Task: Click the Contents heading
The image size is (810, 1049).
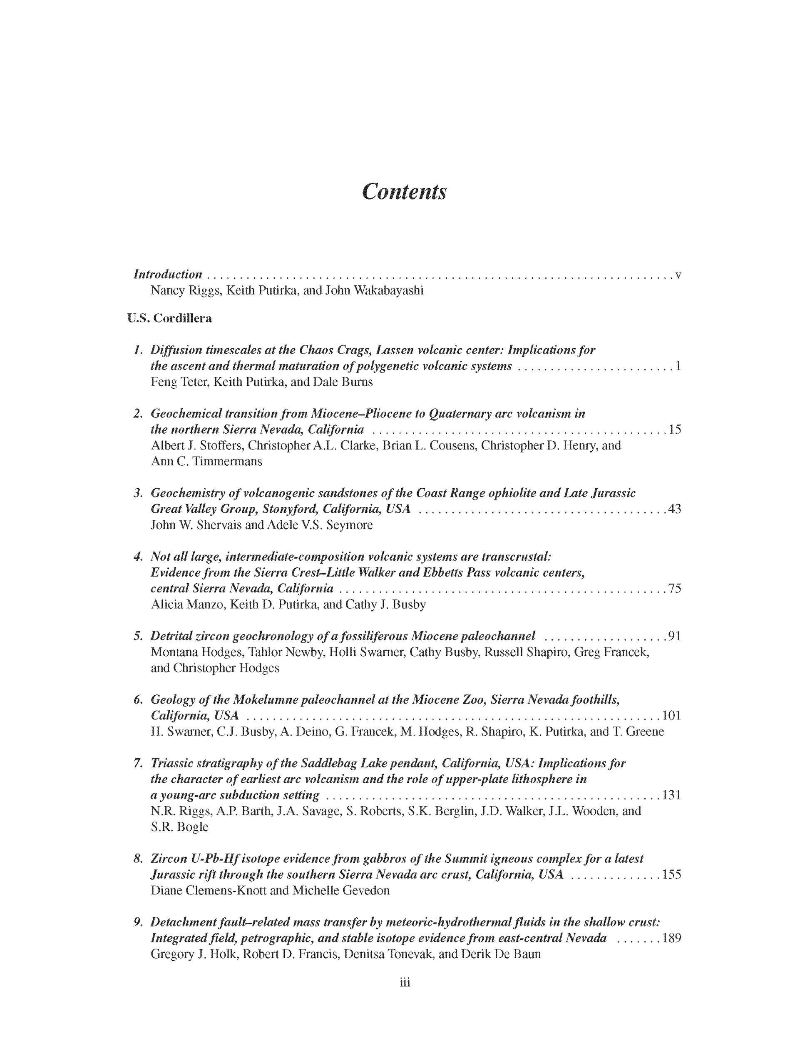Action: coord(404,191)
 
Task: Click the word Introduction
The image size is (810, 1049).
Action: coord(168,274)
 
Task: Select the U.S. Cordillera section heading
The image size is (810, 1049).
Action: coord(169,318)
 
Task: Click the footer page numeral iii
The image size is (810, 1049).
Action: coord(405,982)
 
